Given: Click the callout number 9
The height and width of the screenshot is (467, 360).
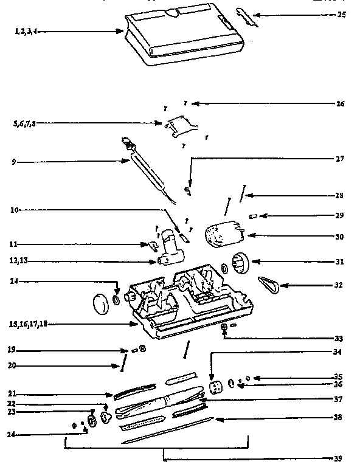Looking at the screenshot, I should [14, 162].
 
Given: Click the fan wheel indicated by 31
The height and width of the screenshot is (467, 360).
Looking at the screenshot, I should [238, 262].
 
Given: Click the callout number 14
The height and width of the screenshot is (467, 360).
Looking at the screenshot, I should [13, 282].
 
